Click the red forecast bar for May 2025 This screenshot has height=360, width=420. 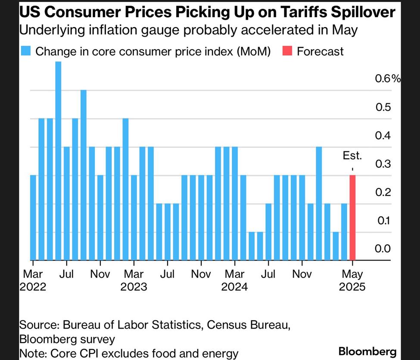point(352,218)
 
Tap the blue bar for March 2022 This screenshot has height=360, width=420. point(33,218)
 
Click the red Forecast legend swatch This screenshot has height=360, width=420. point(289,51)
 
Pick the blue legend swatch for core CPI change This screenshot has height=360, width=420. point(25,51)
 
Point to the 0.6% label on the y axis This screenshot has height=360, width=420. point(387,78)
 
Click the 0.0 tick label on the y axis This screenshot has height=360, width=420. point(383,248)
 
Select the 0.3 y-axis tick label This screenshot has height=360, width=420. point(383,163)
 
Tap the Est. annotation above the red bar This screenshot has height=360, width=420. point(352,156)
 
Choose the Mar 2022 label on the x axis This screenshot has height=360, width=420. point(33,280)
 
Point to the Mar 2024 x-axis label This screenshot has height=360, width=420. point(234,280)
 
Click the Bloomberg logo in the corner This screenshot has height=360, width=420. point(367,351)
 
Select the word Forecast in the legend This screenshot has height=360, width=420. point(320,51)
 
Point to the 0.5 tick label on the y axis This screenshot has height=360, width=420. point(383,106)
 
